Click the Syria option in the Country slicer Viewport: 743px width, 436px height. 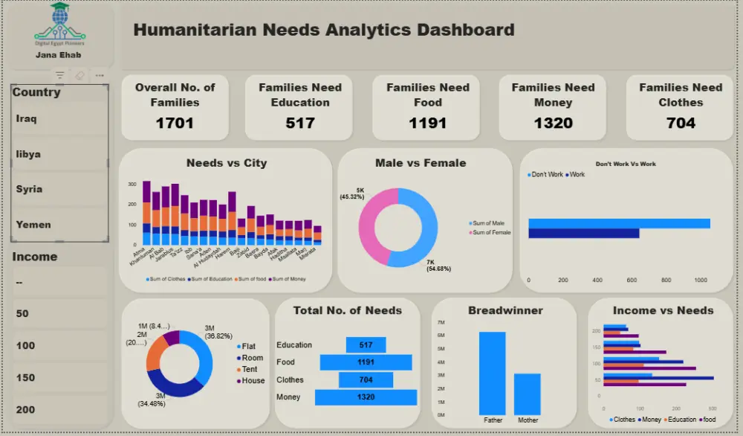point(30,189)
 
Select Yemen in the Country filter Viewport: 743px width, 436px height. point(33,225)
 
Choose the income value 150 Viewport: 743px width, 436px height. point(26,378)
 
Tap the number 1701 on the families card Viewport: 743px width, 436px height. point(175,124)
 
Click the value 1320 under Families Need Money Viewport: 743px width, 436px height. point(553,124)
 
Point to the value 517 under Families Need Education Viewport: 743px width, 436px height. point(300,124)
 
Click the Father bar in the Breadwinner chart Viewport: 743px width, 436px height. point(492,373)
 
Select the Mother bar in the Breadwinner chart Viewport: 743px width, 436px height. point(528,394)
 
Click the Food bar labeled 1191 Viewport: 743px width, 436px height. point(366,362)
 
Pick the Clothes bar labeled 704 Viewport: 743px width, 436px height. point(366,379)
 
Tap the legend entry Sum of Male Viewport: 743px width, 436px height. point(489,223)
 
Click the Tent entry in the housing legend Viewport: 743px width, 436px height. point(250,369)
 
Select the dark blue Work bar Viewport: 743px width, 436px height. point(583,234)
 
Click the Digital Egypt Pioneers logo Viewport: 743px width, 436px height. point(59,23)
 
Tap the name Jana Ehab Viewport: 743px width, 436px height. point(59,55)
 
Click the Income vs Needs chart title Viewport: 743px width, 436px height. point(663,310)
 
